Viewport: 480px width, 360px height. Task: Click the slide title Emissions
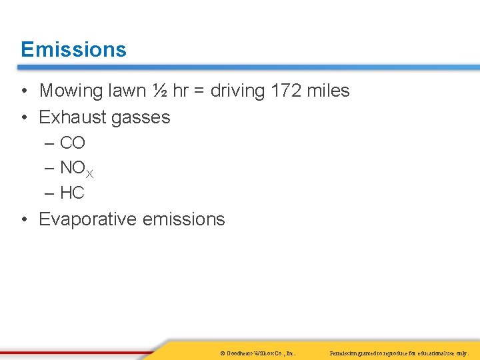[73, 49]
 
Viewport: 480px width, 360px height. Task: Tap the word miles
[329, 91]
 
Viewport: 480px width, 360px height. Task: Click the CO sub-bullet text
[73, 143]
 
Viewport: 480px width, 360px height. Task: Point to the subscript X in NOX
[89, 174]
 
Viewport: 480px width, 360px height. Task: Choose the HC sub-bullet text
[72, 193]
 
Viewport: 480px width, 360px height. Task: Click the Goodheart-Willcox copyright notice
[257, 353]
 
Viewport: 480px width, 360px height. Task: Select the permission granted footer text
[399, 353]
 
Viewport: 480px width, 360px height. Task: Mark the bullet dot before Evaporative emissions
[23, 220]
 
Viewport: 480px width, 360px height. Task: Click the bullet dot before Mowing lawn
[23, 91]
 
